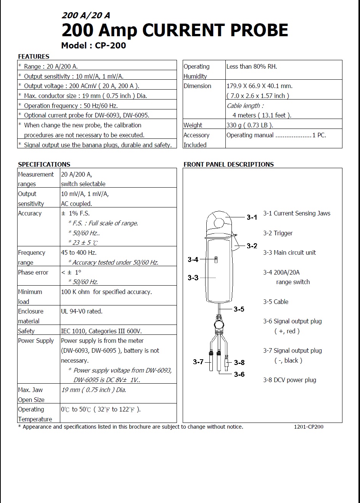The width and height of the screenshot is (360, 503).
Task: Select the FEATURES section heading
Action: tap(34, 56)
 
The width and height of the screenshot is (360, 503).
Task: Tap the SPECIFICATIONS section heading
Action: tap(44, 164)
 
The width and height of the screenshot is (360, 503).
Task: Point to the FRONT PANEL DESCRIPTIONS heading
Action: tap(228, 164)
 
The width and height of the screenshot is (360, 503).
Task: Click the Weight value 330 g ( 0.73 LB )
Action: tap(249, 125)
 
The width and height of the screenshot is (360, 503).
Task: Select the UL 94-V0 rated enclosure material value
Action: tap(82, 311)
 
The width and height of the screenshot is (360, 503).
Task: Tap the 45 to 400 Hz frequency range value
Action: tap(79, 252)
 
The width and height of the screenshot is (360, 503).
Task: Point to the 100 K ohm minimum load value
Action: tap(106, 292)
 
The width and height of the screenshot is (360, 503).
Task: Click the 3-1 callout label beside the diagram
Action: tap(252, 217)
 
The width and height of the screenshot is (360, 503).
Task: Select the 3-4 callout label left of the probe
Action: tap(193, 260)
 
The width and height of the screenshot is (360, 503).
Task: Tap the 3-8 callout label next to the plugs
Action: tap(239, 362)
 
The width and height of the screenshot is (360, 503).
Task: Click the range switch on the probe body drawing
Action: tap(216, 260)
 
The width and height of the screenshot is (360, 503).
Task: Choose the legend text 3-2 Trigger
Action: tap(278, 233)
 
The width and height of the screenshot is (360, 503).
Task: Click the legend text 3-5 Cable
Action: tap(275, 302)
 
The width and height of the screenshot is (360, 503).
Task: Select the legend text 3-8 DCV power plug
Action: tap(289, 380)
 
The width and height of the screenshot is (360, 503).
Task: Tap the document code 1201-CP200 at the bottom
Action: tap(309, 427)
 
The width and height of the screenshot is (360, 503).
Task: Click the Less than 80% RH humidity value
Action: tap(252, 66)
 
